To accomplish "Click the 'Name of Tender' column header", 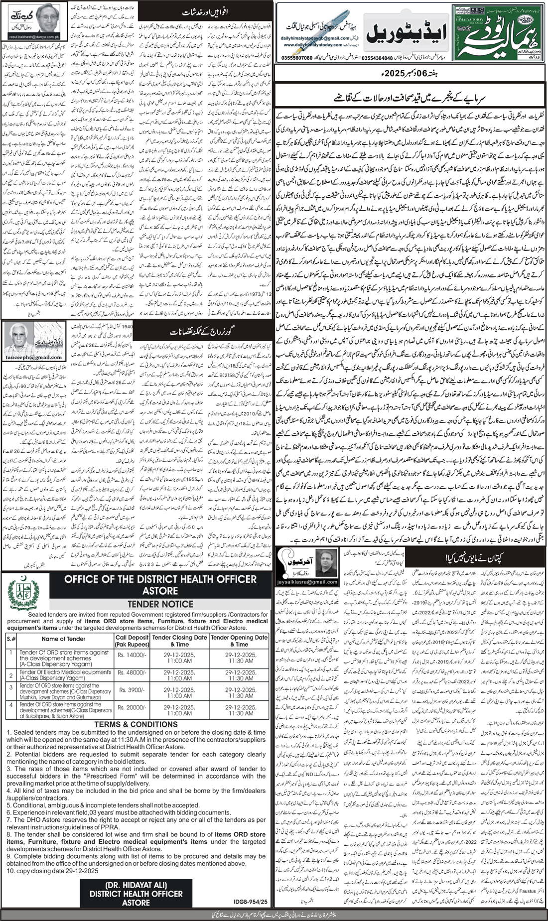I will [63, 639].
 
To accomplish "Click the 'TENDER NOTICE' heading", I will [160, 604].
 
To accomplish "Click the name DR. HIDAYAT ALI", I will [136, 885].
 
